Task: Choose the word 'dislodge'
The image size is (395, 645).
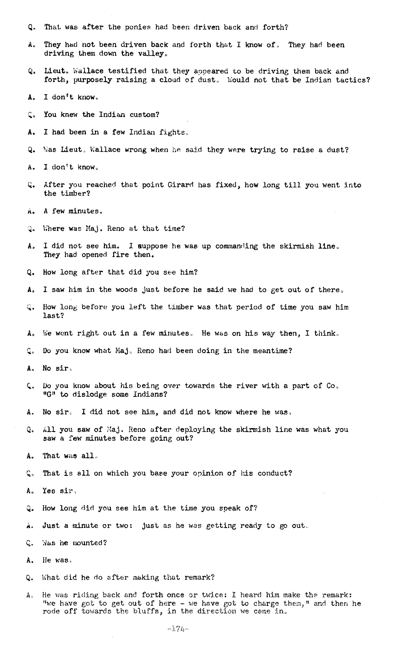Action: [x=89, y=395]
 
